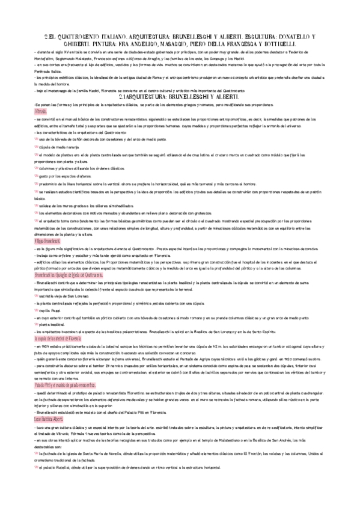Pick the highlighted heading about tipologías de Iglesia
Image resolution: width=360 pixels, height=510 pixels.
pos(69,274)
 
